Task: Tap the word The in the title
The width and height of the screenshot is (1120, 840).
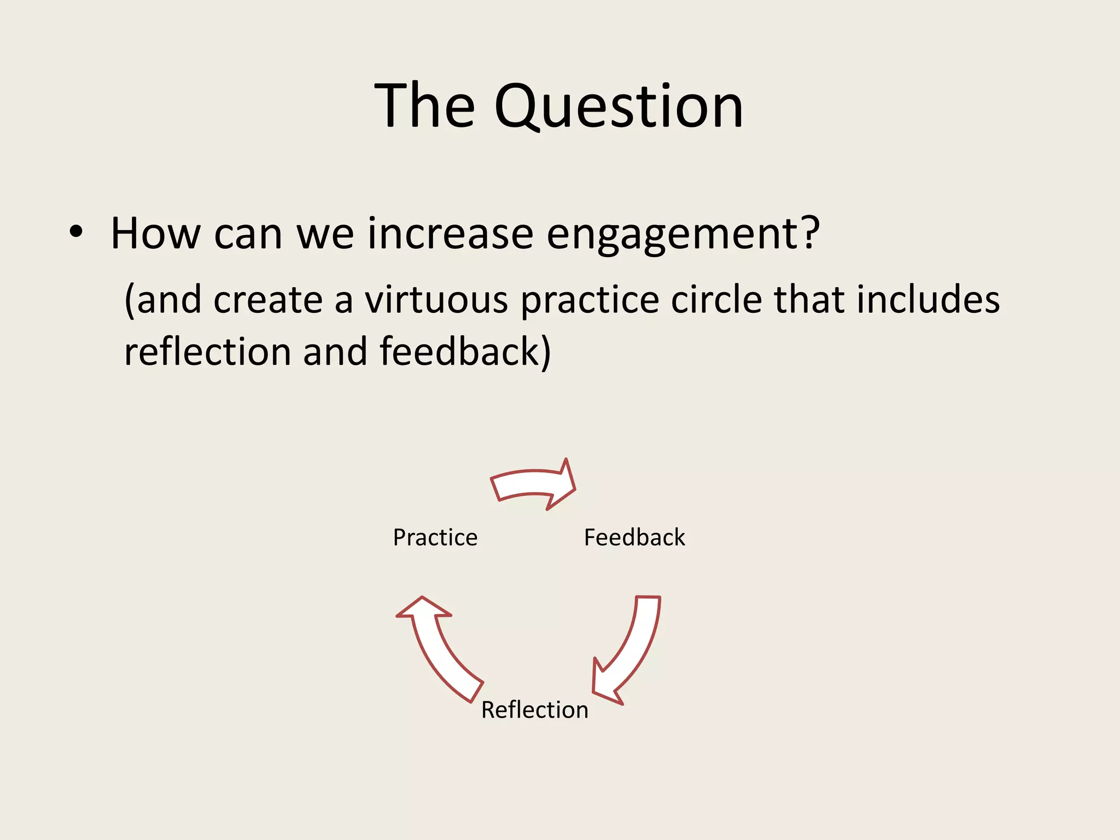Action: pyautogui.click(x=424, y=106)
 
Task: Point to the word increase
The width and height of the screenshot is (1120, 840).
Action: pyautogui.click(x=450, y=234)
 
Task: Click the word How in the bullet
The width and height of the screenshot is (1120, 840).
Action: pyautogui.click(x=155, y=234)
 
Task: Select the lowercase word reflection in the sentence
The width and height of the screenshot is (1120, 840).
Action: pyautogui.click(x=207, y=351)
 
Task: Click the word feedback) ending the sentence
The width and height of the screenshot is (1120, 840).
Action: pyautogui.click(x=465, y=351)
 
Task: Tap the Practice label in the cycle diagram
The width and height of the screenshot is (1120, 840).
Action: pyautogui.click(x=435, y=538)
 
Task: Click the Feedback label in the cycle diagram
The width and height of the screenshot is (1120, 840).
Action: pyautogui.click(x=634, y=538)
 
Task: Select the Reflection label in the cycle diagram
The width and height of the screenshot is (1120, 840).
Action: pyautogui.click(x=534, y=710)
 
